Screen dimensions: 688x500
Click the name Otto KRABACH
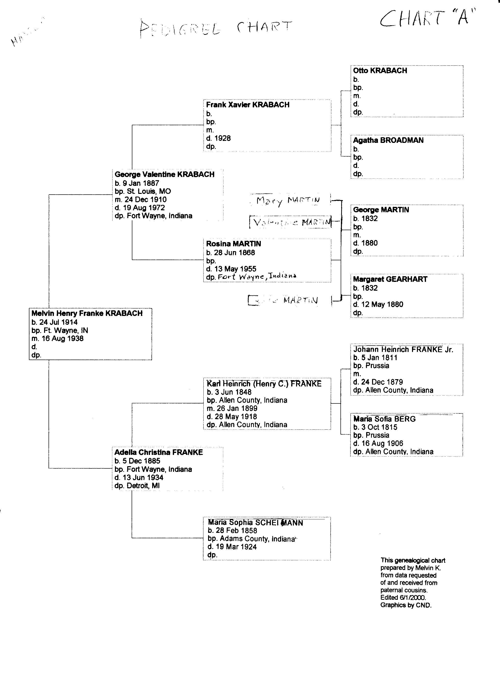380,71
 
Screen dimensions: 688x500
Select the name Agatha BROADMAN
388,140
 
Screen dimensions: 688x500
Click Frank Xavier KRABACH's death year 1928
222,138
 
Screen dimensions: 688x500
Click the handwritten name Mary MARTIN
287,200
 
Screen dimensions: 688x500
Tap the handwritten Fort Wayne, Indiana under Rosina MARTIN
257,276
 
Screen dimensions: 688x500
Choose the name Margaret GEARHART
390,279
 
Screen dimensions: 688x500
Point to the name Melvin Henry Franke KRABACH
87,313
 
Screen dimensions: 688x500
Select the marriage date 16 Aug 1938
62,338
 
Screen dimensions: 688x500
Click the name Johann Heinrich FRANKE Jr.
403,350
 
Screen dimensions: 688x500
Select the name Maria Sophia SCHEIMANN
255,522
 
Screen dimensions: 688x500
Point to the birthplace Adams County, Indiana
257,539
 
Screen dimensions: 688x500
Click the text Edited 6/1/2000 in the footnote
403,598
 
